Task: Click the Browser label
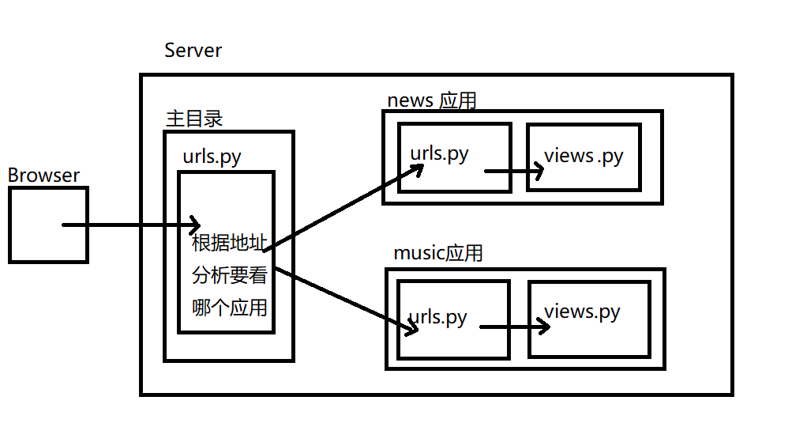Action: click(x=43, y=176)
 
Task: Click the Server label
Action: click(x=193, y=51)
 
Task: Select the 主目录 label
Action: click(x=194, y=119)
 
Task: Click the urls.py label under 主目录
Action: click(x=212, y=156)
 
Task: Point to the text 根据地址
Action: click(x=230, y=243)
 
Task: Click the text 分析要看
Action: click(x=230, y=276)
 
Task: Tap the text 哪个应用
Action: click(x=230, y=308)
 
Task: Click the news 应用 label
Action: click(x=432, y=100)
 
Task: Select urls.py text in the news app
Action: click(x=440, y=153)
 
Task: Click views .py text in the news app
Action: click(x=584, y=156)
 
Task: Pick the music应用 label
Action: click(x=437, y=253)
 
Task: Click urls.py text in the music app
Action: click(x=439, y=318)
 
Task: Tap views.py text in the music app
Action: click(x=582, y=312)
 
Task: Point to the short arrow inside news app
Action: click(x=513, y=171)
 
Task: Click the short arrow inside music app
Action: click(x=513, y=326)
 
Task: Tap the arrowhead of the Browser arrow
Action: click(x=195, y=225)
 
